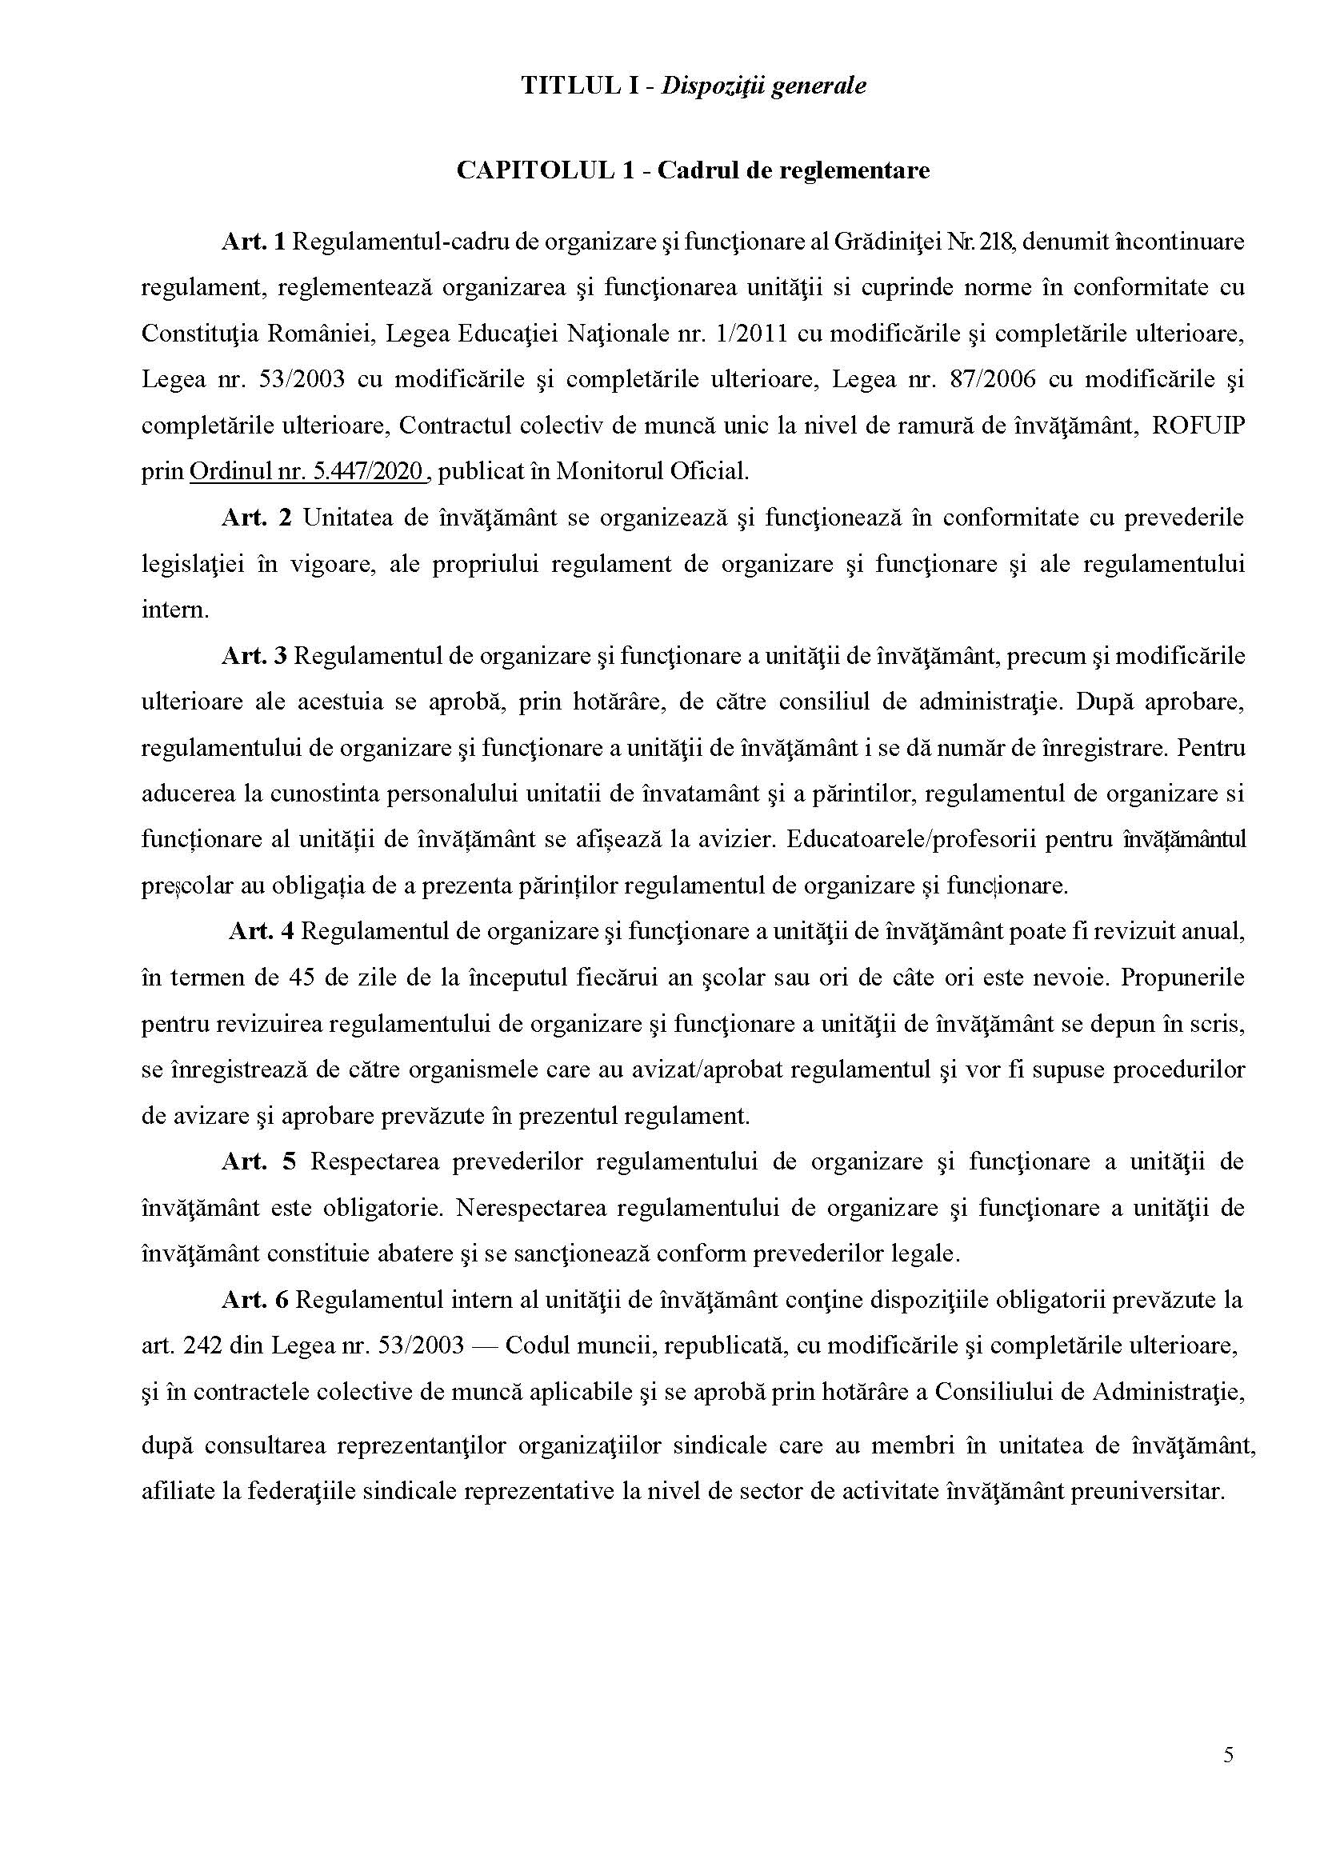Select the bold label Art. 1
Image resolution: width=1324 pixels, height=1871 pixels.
[x=253, y=242]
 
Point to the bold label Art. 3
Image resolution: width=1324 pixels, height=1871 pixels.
[x=254, y=657]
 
